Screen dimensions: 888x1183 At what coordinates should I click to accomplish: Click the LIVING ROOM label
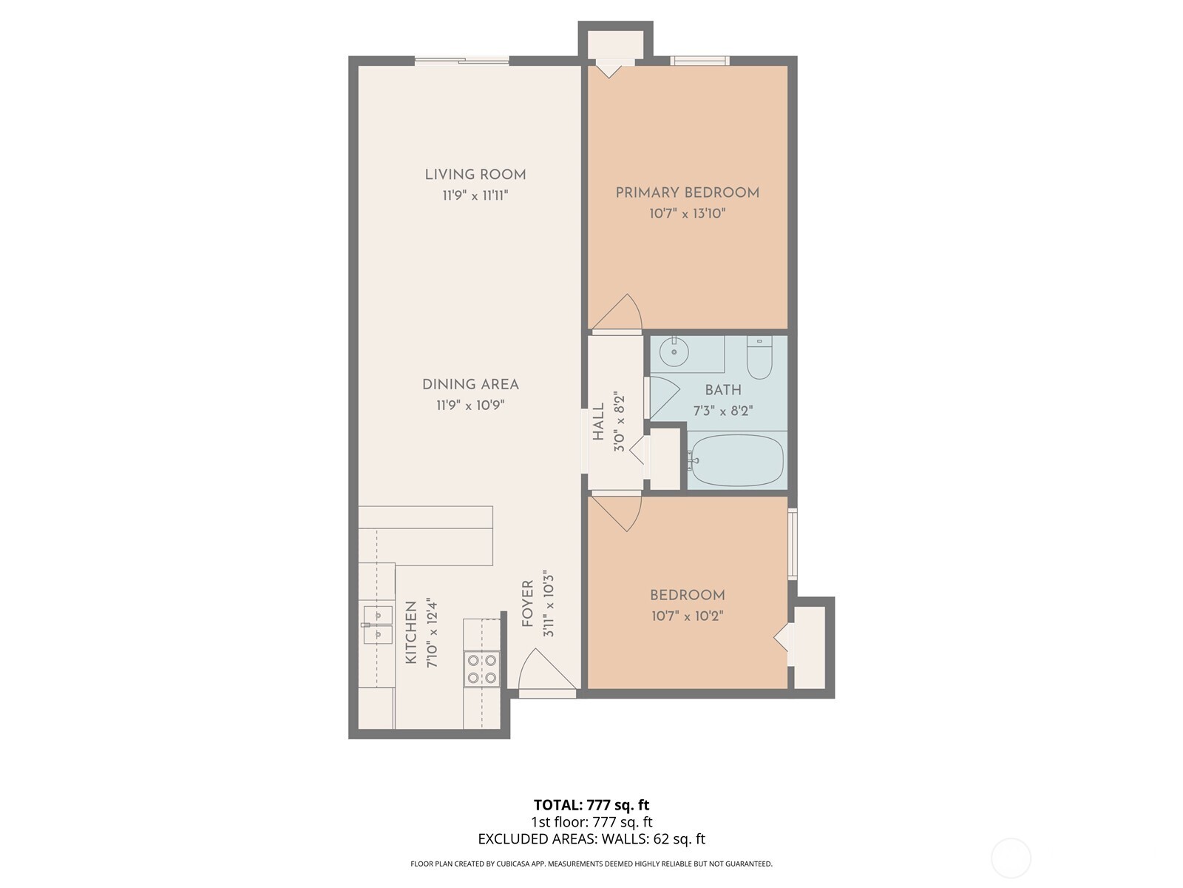point(475,175)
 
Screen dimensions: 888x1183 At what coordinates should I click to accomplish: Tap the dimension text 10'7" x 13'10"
point(688,214)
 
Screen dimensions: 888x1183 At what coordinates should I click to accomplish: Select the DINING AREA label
point(470,384)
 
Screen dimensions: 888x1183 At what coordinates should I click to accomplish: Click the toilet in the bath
point(759,357)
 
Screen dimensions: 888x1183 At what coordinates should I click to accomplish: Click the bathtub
point(736,460)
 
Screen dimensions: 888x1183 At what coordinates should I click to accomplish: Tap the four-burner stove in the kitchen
point(481,668)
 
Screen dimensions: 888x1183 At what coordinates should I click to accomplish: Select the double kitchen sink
point(377,625)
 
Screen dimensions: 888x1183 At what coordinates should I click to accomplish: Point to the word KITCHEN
point(411,632)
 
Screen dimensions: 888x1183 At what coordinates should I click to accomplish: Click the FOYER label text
point(528,603)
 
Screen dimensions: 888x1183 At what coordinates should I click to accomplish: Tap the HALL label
point(598,422)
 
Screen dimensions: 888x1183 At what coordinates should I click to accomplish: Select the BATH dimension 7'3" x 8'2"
point(722,411)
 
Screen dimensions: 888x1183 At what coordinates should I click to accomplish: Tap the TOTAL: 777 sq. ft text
point(591,805)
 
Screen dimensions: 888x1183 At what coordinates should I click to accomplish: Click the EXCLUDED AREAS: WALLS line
point(591,839)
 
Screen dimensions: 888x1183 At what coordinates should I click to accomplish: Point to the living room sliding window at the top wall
point(461,61)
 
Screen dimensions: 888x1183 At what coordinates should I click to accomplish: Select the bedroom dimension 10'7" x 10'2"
point(687,616)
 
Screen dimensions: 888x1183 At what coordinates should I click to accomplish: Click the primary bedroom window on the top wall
point(699,61)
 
